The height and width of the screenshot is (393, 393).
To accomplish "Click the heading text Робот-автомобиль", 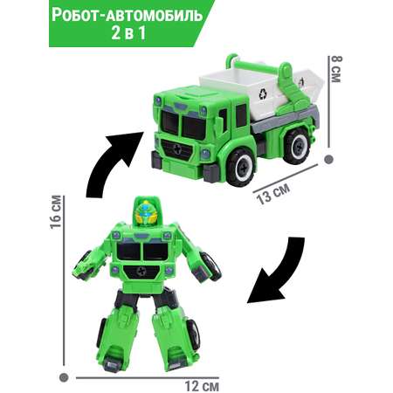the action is pos(128,15).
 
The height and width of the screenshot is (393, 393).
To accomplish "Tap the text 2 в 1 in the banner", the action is pos(128,33).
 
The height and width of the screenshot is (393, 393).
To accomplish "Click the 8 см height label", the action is pos(335,69).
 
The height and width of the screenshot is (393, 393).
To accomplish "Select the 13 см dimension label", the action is pos(272,194).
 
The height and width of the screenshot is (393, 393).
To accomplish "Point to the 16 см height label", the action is pos(56,212).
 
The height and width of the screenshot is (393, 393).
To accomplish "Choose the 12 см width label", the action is pos(202,386).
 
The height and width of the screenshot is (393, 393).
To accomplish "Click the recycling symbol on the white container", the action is pos(263,93).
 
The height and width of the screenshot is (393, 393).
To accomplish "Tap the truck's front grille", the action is pos(177,150).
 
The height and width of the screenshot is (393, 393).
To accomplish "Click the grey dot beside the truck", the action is pos(329,159).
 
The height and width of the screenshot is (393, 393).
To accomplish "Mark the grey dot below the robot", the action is pos(64,377).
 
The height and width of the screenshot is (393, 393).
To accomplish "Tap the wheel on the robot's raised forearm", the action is pos(211,266).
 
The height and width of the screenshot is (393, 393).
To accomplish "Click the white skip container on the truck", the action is pos(260,90).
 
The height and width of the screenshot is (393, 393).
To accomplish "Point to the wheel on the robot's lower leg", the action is pos(193,334).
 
